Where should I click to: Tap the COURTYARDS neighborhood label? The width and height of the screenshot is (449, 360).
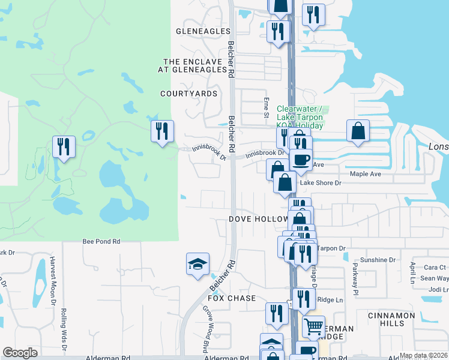point(188,94)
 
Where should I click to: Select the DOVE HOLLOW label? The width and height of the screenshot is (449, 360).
point(258,219)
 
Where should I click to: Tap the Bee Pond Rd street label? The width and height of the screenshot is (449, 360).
point(101,241)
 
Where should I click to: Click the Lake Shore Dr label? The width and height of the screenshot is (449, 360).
point(321,183)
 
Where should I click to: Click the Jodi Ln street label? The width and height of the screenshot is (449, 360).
point(439,289)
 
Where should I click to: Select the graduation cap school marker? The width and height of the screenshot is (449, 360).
point(197,264)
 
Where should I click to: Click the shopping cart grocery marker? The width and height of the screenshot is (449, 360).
point(313,327)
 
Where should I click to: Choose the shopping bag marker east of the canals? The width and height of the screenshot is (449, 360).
point(358,131)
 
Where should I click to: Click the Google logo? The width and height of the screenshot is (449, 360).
point(20,353)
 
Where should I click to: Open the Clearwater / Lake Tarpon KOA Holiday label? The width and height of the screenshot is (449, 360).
point(300,118)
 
